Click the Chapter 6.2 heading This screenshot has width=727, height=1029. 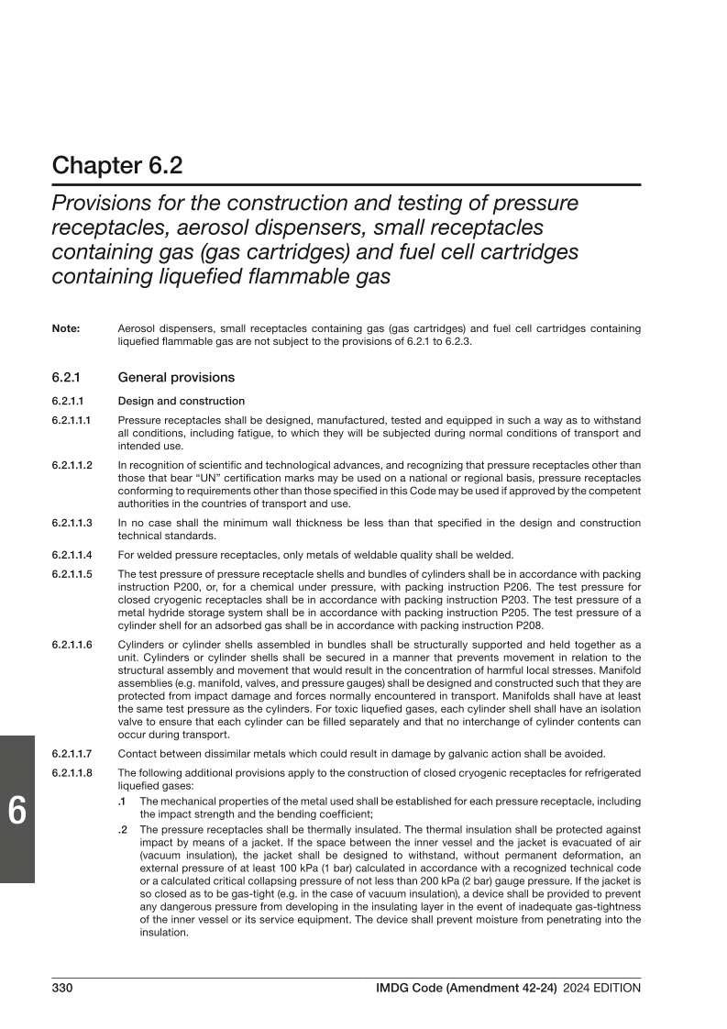(117, 166)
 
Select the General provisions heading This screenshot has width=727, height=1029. (176, 377)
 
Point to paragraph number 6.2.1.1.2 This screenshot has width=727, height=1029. (73, 466)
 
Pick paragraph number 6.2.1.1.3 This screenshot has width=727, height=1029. (73, 523)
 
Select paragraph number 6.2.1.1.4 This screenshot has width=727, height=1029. (73, 554)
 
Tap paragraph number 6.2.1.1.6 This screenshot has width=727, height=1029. (73, 646)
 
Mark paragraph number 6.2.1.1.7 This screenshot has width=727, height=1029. (73, 754)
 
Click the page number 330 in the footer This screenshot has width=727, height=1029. (62, 988)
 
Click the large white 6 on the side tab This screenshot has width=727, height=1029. (17, 812)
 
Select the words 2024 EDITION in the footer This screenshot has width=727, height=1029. (602, 988)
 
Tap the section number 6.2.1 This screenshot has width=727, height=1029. (68, 377)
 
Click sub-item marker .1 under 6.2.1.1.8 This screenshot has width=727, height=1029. (123, 801)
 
